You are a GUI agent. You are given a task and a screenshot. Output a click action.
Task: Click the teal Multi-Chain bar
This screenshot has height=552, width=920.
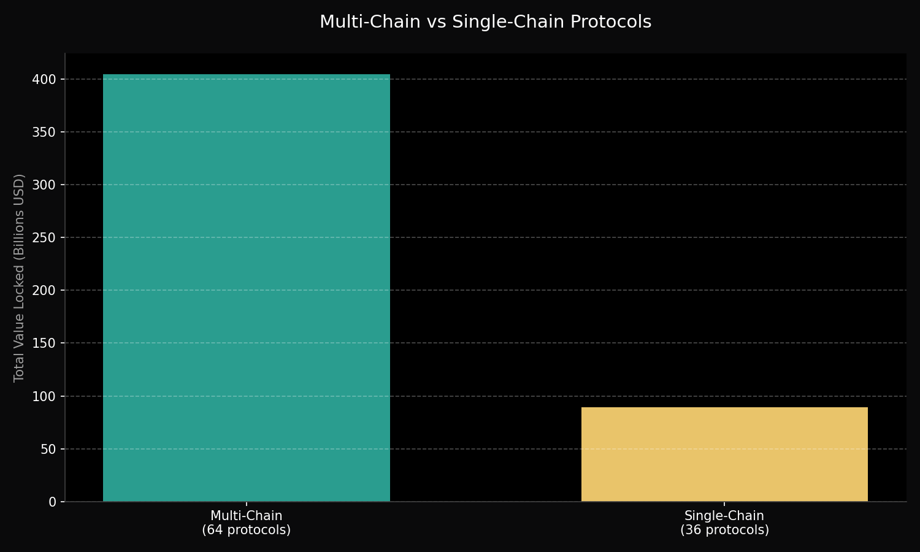[246, 288]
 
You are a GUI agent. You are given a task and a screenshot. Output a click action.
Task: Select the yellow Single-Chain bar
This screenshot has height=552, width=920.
[724, 454]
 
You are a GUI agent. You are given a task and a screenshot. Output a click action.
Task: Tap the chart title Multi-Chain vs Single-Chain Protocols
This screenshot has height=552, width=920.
[485, 22]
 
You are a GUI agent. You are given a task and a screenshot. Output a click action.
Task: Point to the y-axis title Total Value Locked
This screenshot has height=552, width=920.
[20, 278]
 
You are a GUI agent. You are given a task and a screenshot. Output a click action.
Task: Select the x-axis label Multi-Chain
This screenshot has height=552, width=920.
[246, 516]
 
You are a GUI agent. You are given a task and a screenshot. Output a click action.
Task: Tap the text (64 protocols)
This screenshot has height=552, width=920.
[246, 530]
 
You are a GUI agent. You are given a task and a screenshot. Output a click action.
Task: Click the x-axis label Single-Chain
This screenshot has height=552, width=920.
[724, 516]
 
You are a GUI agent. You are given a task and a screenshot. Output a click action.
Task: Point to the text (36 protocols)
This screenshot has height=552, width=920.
[724, 530]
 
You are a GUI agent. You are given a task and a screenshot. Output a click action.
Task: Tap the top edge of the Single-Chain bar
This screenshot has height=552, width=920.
[724, 408]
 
